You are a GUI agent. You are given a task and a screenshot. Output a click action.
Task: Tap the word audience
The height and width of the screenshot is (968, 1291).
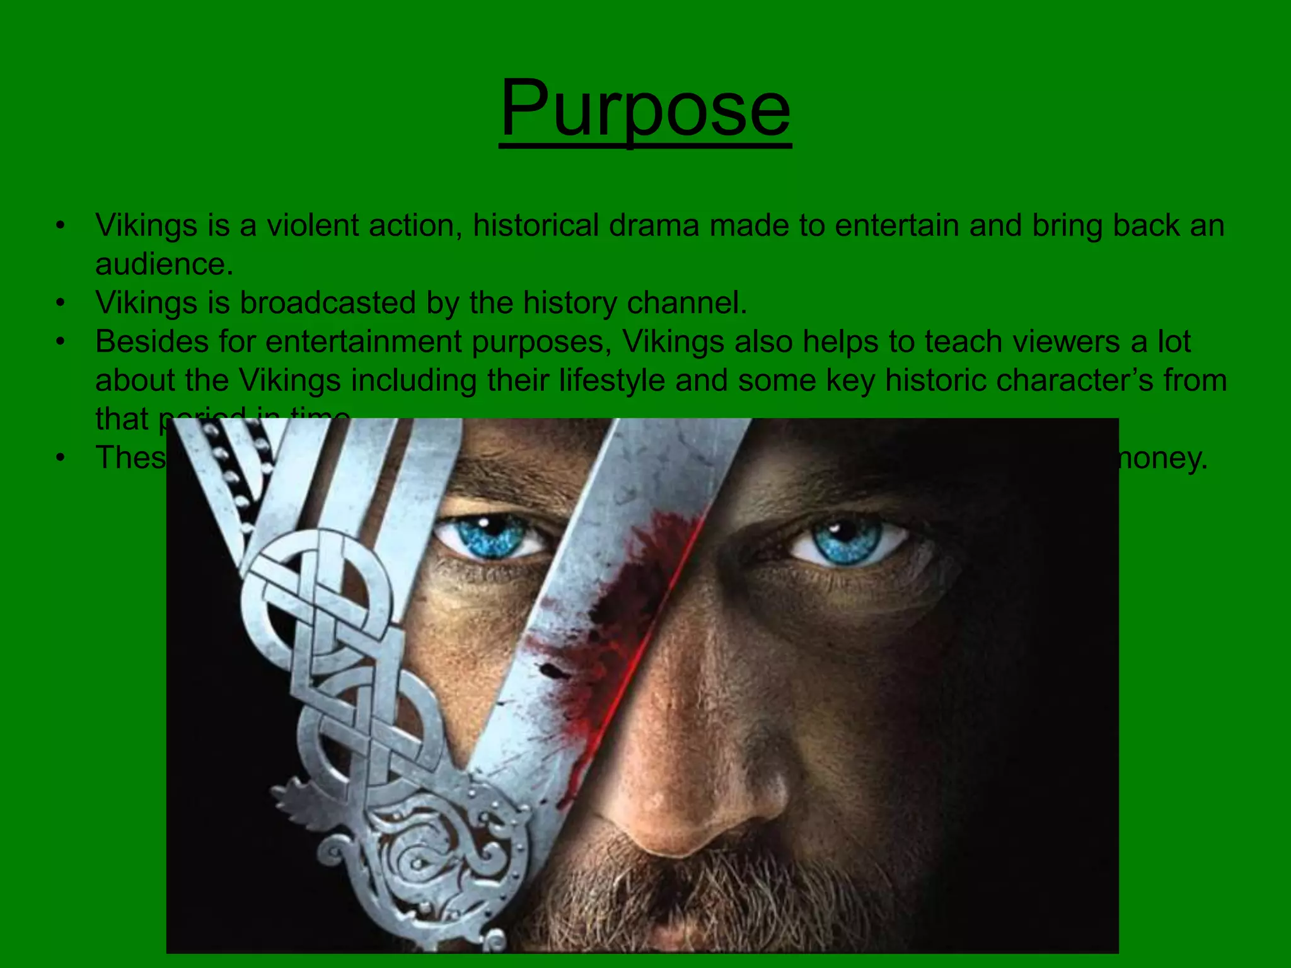(164, 265)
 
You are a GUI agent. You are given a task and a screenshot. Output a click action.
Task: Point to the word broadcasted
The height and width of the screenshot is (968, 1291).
(327, 302)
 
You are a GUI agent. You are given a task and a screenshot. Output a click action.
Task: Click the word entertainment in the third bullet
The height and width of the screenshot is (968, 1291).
(364, 342)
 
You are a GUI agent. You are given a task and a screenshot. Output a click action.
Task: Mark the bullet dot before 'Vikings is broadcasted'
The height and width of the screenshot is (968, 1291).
(60, 303)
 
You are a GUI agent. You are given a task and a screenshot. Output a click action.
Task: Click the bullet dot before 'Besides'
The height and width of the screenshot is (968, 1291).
(60, 342)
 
